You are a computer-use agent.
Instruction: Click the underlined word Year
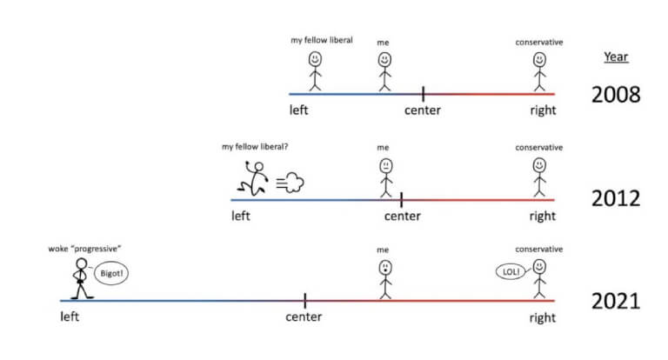click(616, 57)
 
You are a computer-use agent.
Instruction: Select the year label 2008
click(616, 95)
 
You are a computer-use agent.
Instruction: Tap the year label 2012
click(616, 198)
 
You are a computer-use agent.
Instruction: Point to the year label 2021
click(616, 302)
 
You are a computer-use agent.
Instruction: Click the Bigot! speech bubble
click(111, 273)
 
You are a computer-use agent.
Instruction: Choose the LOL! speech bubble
click(511, 271)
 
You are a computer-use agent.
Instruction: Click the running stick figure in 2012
click(253, 178)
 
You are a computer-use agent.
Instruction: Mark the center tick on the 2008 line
click(423, 94)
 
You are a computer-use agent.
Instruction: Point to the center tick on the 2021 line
click(305, 301)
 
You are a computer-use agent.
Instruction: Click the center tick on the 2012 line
click(401, 200)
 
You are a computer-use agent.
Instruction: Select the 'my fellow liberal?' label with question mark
click(255, 147)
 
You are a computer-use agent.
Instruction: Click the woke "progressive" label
click(84, 249)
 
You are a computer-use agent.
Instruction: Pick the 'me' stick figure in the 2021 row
click(385, 279)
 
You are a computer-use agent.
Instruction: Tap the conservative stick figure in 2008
click(539, 71)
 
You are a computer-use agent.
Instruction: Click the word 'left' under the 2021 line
click(70, 317)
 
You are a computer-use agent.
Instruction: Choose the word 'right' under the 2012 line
click(543, 216)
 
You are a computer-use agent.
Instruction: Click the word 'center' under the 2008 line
click(423, 110)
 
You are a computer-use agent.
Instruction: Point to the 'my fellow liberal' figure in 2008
click(315, 71)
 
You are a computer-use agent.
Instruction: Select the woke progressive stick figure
click(82, 278)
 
